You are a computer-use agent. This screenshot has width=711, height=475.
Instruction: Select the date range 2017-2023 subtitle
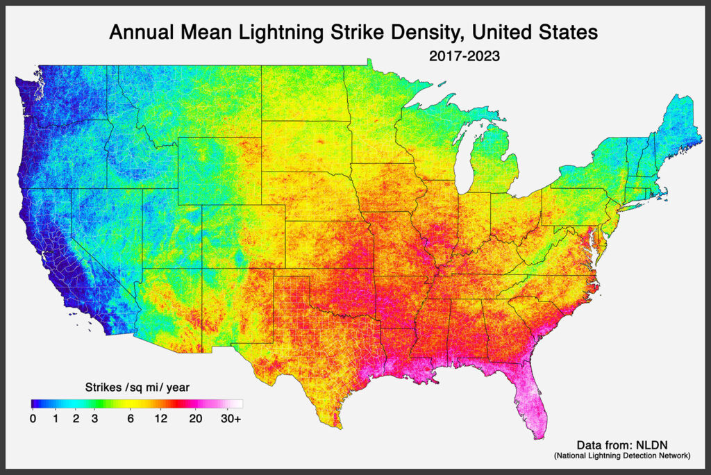point(465,56)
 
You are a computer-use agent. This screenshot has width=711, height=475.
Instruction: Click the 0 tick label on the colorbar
point(33,418)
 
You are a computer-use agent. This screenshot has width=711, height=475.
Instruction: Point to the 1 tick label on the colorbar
point(56,418)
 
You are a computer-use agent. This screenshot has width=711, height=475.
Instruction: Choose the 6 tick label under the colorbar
point(131,418)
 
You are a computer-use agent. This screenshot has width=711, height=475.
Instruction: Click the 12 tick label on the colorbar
point(160,418)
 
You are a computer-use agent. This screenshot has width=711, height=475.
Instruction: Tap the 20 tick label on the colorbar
point(195,418)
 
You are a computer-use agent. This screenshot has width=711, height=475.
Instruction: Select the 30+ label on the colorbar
point(231,418)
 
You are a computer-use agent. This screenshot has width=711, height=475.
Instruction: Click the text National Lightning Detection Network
point(621,456)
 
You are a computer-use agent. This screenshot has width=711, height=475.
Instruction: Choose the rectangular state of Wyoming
point(219,170)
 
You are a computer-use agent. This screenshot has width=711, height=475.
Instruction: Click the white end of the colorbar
point(237,403)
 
